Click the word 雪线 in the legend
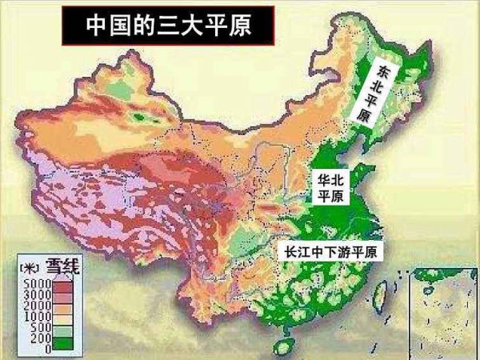(x=61, y=266)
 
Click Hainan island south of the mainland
(x=282, y=349)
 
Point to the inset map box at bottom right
(x=443, y=312)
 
